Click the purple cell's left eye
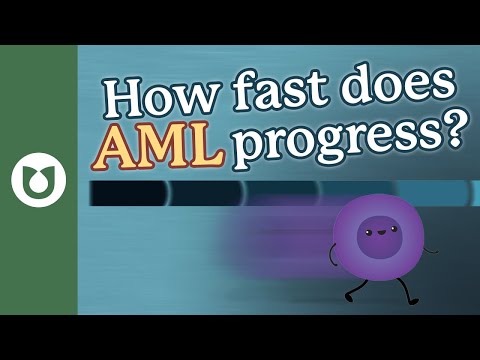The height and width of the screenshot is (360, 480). pyautogui.click(x=369, y=231)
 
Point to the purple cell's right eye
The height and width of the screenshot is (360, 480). pyautogui.click(x=386, y=231)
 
